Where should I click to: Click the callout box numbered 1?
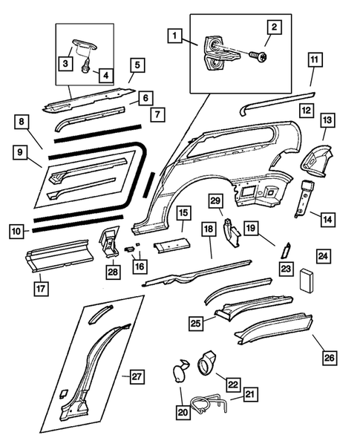click(x=174, y=35)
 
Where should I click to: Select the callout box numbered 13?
click(x=327, y=120)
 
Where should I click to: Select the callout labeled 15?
click(x=183, y=216)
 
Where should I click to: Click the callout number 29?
click(x=215, y=202)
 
